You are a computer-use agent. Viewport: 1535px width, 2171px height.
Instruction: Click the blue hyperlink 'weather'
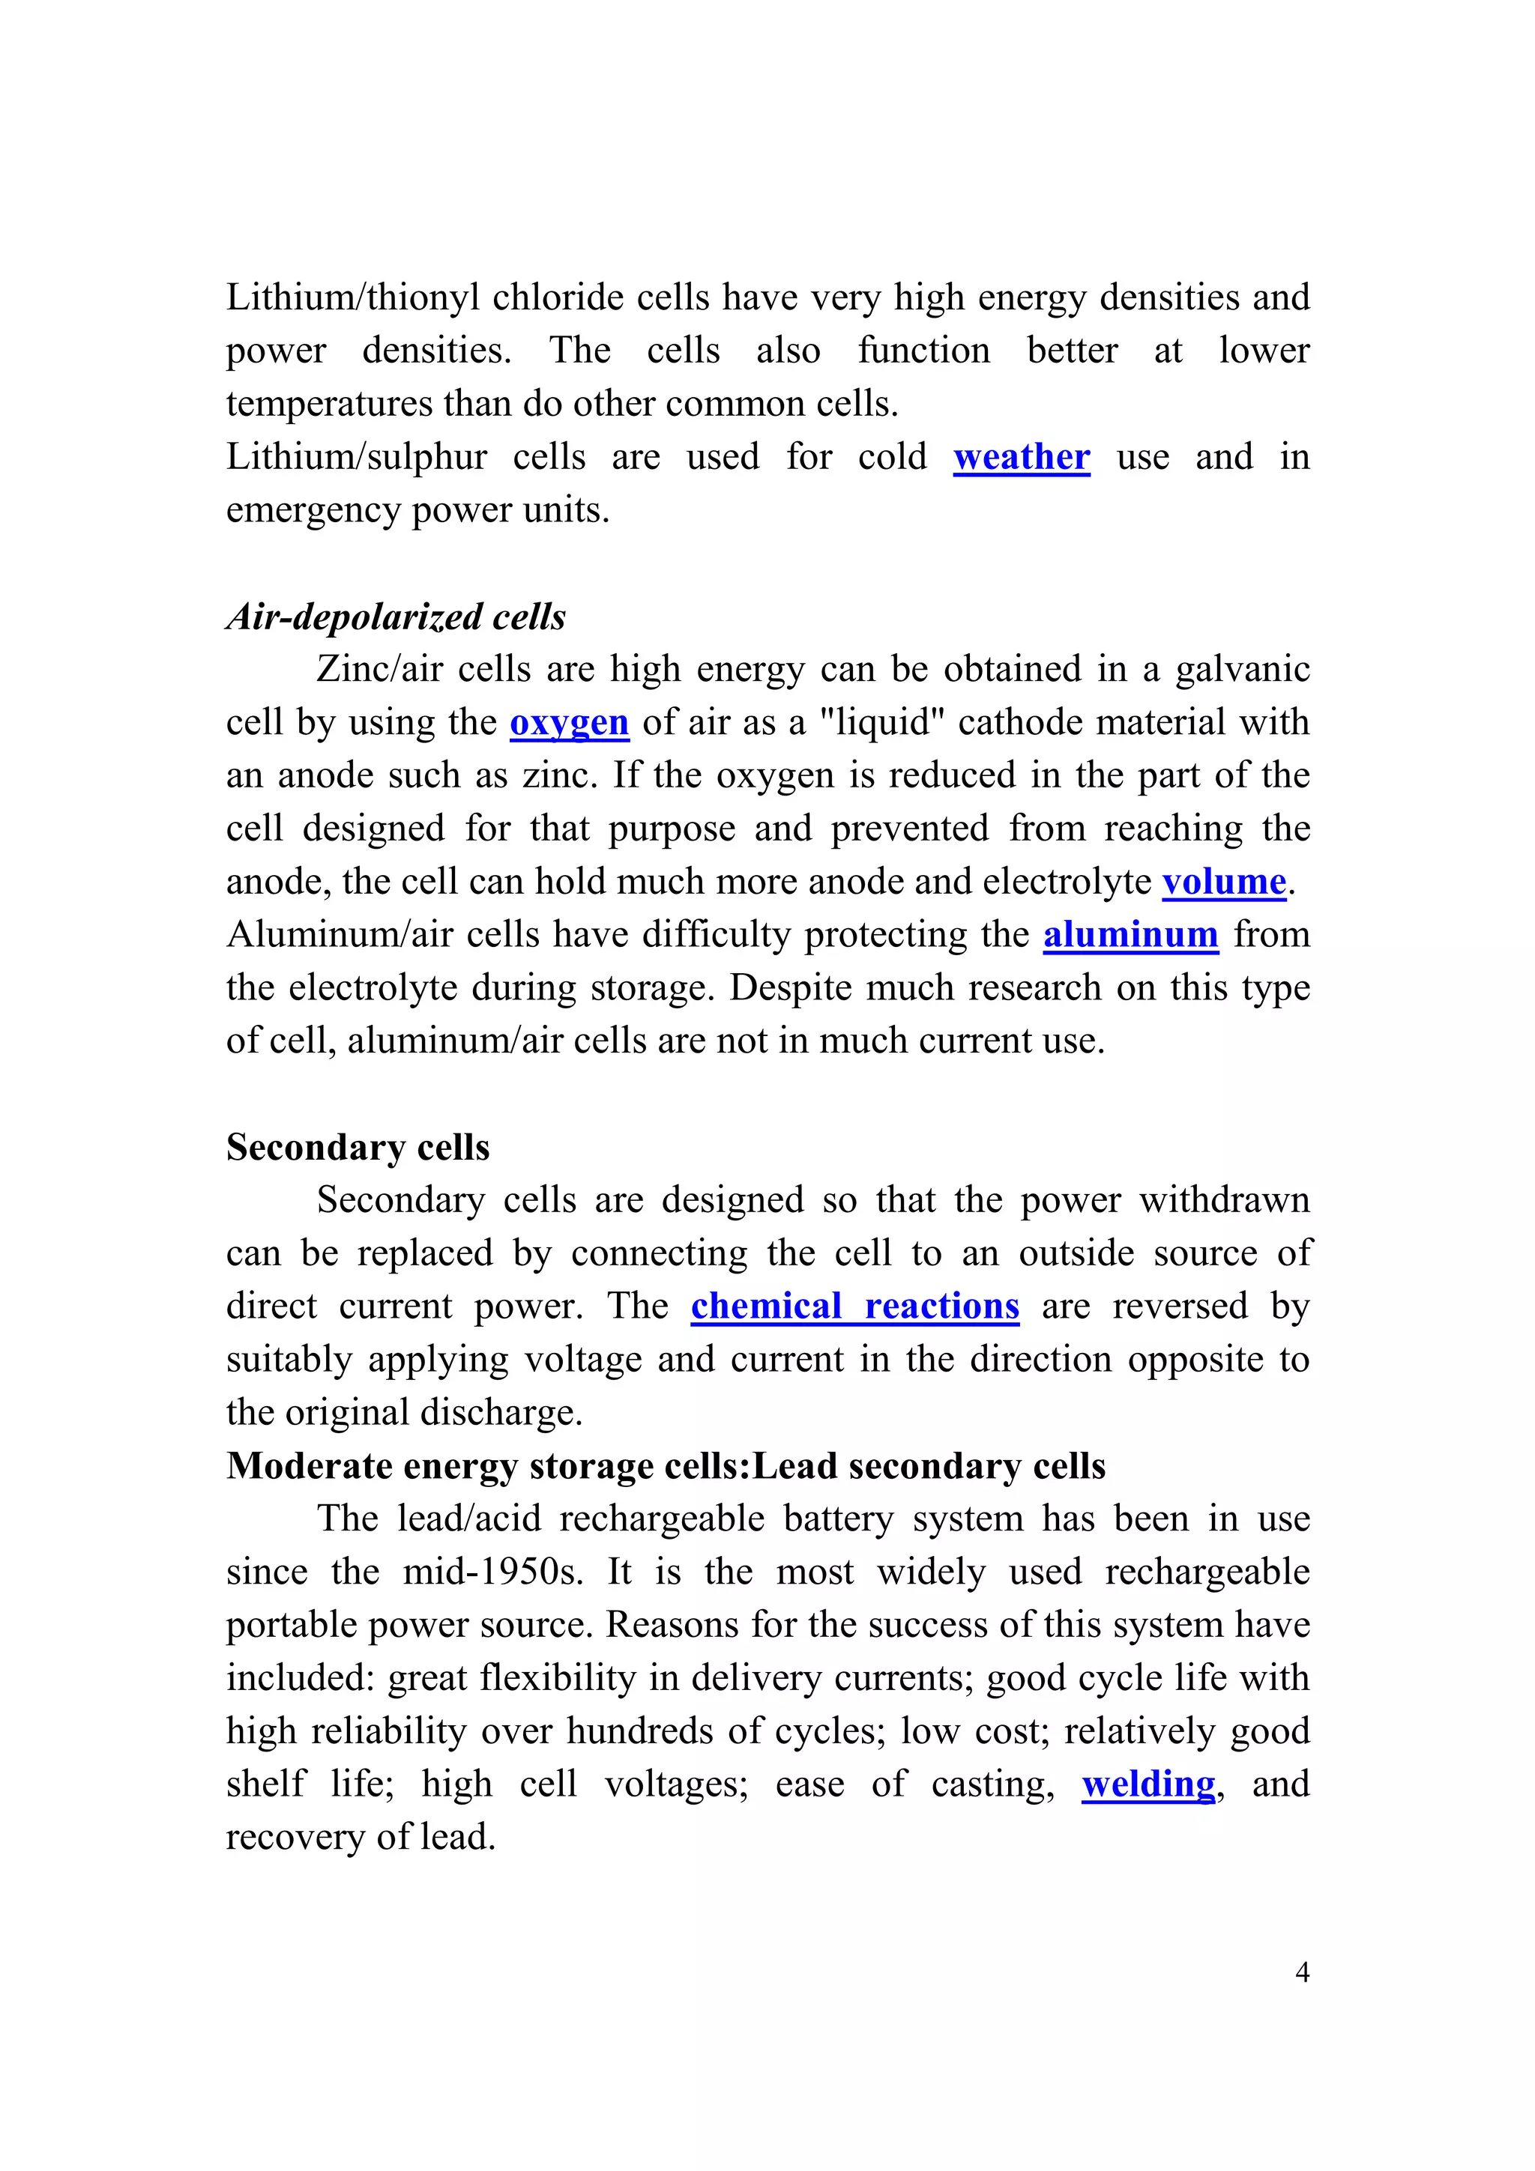tap(1021, 457)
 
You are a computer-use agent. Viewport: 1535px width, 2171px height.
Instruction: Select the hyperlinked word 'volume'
tap(1223, 881)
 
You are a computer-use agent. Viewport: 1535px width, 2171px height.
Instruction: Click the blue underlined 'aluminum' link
tap(1130, 934)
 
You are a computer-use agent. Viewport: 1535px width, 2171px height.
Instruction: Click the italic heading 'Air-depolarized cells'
tap(395, 617)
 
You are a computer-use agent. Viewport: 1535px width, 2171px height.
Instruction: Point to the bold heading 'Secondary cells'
tap(358, 1147)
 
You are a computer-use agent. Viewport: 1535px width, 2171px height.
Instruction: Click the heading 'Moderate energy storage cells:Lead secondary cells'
tap(665, 1465)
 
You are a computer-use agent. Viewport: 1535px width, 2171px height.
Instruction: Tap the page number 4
tap(1301, 1972)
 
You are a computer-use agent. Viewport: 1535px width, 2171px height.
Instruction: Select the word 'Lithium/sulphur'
tap(355, 457)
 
